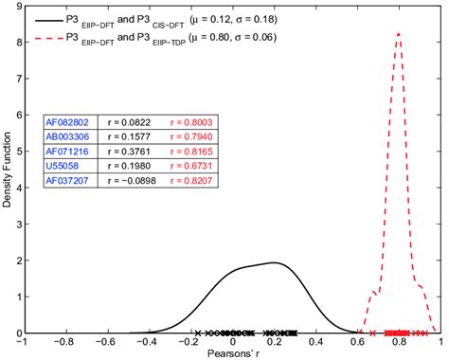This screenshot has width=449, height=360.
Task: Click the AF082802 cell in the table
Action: click(x=68, y=122)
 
